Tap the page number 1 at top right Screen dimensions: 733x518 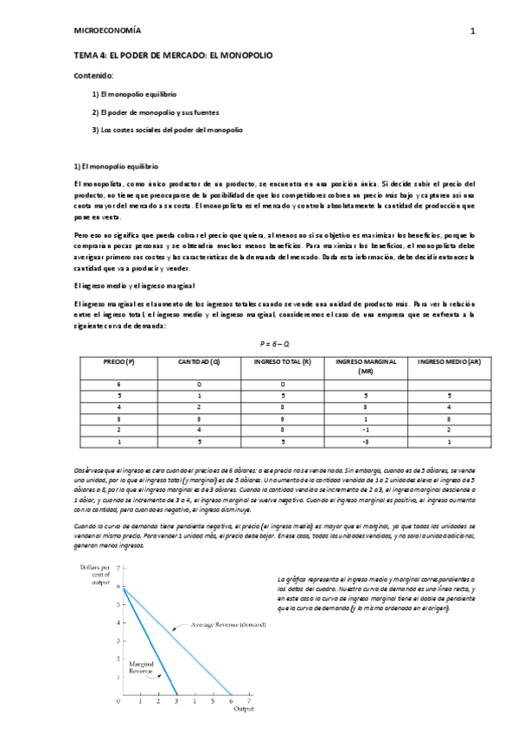pos(472,30)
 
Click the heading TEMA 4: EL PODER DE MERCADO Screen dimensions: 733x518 pos(174,54)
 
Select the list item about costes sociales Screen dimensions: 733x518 pos(167,130)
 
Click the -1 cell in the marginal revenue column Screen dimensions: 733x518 pos(365,427)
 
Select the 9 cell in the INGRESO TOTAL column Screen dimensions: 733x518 pos(283,415)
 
